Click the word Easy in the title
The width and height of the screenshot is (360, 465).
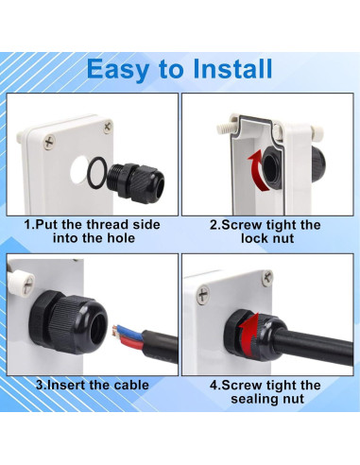pyautogui.click(x=120, y=69)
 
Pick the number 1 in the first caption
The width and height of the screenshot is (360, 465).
pyautogui.click(x=29, y=225)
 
